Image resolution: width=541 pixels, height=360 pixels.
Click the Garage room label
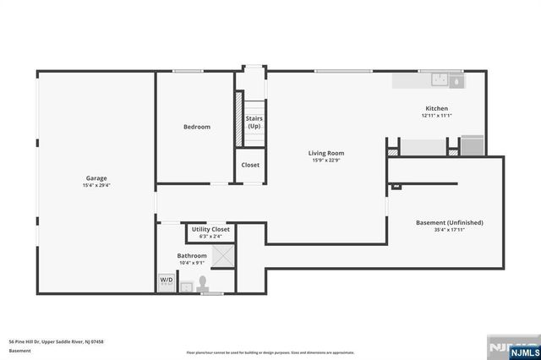[96, 178]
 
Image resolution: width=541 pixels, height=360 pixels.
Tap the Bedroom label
[197, 127]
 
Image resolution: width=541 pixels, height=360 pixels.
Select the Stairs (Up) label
[254, 123]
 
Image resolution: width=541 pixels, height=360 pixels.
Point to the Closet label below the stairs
[251, 165]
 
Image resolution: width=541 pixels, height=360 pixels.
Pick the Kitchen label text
[436, 108]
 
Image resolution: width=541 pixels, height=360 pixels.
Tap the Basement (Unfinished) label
[449, 222]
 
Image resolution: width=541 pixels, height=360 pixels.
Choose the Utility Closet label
[210, 229]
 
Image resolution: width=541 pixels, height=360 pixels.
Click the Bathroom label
[192, 255]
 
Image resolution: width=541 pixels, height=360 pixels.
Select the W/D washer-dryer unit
[167, 281]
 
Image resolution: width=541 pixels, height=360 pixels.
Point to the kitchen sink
[440, 81]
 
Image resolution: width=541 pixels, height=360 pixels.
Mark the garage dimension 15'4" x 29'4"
[96, 186]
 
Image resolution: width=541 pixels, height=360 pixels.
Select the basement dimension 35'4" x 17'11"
[449, 230]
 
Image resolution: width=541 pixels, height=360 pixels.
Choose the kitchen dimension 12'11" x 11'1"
[436, 116]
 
